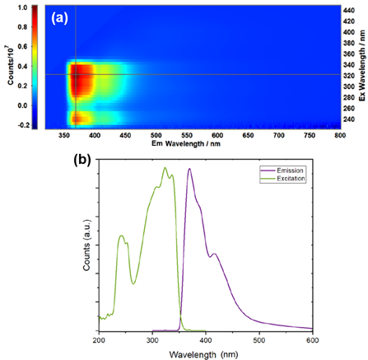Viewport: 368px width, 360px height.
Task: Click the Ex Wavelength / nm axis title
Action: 363,65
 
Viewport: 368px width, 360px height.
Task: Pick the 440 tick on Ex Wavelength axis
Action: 348,9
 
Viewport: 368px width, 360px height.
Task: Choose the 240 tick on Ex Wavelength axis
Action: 348,119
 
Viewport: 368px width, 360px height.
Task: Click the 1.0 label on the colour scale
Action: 21,8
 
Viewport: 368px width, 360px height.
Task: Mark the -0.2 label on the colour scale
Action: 21,125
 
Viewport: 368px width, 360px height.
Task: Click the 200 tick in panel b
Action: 99,339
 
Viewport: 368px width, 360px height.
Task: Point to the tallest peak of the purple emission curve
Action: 189,170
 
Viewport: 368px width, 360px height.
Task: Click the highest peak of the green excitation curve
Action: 165,169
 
